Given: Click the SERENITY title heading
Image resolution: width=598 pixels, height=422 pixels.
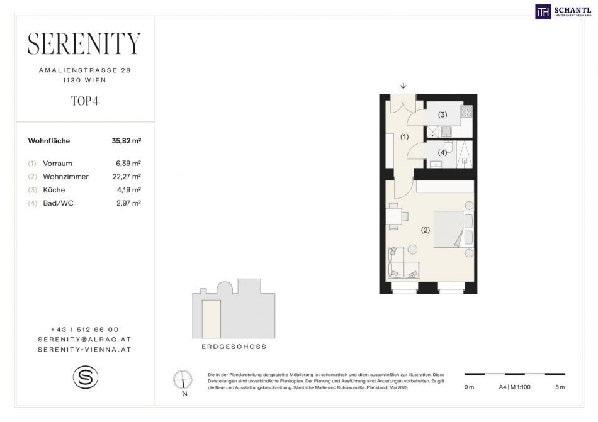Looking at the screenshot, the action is click(x=84, y=43).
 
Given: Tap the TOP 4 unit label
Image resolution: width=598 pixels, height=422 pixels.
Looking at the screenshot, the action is click(x=85, y=101).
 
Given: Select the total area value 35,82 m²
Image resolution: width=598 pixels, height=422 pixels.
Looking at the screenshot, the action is click(x=127, y=140).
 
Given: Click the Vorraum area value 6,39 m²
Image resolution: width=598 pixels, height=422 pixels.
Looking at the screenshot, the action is click(x=128, y=164).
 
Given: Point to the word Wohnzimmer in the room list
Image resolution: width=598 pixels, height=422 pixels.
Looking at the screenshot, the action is click(x=65, y=177).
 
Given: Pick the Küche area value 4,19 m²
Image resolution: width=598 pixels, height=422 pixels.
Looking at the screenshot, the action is click(x=128, y=190).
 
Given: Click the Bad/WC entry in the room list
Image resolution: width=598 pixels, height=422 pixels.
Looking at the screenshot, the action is click(x=58, y=203).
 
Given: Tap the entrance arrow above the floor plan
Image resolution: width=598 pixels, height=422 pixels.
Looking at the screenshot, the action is click(x=403, y=86).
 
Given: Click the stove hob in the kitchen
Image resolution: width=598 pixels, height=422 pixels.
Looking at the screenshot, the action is click(x=467, y=111).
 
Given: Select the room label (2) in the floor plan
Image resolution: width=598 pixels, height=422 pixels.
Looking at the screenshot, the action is click(x=426, y=230).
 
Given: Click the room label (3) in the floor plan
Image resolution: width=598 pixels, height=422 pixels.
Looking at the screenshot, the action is click(x=443, y=114).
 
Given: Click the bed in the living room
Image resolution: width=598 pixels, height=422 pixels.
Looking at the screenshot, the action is click(x=453, y=230).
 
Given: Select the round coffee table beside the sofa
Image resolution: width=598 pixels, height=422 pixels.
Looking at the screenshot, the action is click(x=412, y=250).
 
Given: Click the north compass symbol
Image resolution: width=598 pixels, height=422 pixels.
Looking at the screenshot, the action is click(x=183, y=380).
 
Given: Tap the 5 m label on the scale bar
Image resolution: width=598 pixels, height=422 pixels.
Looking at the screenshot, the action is click(x=560, y=387).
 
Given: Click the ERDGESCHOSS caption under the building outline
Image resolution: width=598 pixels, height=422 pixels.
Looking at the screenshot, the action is click(x=234, y=347).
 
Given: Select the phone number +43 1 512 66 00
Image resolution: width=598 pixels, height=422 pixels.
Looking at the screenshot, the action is click(x=85, y=330).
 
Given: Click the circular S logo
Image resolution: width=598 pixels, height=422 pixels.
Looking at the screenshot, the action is click(x=86, y=377).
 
